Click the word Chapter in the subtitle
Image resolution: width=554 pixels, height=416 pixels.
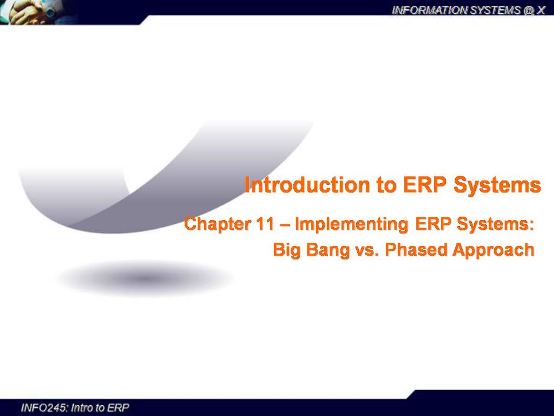coord(217,224)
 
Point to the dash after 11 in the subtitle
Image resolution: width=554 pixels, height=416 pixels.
coord(284,224)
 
